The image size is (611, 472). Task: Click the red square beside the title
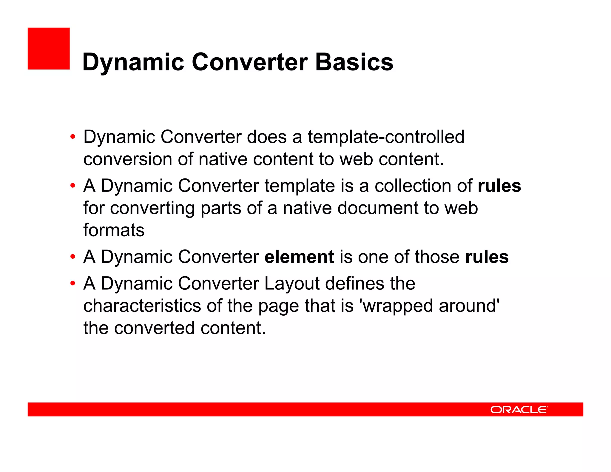click(x=49, y=49)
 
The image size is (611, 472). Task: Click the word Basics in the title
click(x=354, y=62)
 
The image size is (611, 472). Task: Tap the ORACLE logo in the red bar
click(x=519, y=409)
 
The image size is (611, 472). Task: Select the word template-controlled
click(x=386, y=137)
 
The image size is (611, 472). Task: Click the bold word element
click(x=299, y=257)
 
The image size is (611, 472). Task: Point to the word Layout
click(x=292, y=283)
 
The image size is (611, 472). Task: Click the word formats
click(x=114, y=230)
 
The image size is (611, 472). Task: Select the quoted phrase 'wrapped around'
click(x=430, y=306)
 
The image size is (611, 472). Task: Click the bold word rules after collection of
click(x=499, y=186)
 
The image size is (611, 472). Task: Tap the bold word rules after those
click(x=487, y=257)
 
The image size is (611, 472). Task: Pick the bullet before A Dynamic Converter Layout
click(x=72, y=283)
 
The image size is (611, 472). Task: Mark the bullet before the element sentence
click(x=72, y=257)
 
